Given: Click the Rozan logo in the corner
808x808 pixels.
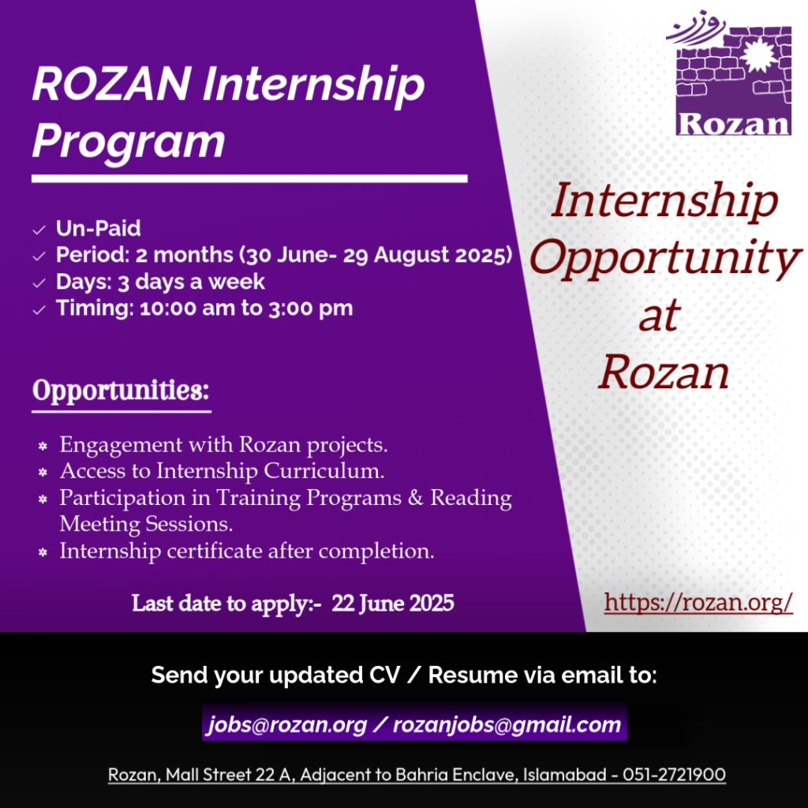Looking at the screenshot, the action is [729, 73].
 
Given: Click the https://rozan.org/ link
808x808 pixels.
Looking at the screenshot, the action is [698, 602].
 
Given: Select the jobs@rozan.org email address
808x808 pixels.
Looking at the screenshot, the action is [287, 724].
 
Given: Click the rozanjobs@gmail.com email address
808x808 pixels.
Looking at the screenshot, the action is [507, 724].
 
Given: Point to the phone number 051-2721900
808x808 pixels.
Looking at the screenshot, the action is [674, 775].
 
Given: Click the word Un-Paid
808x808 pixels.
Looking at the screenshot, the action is [98, 228].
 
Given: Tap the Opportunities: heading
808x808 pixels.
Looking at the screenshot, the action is [121, 390].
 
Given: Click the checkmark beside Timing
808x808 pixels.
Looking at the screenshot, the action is [39, 309].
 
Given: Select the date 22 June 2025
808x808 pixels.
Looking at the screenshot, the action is [393, 603].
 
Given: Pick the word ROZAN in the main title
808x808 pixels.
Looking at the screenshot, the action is [110, 84].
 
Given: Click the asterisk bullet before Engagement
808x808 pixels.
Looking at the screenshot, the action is [43, 446].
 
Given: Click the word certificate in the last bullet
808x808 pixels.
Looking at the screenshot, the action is [215, 551].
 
